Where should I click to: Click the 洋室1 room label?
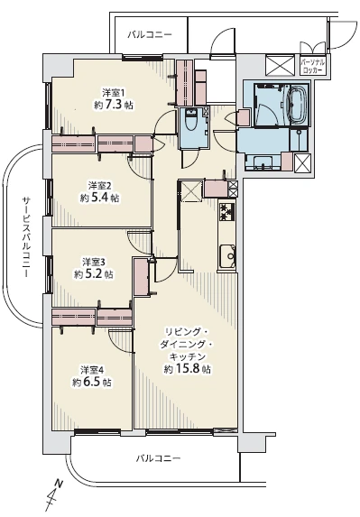pos(113,92)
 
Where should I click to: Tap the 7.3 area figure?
pos(115,105)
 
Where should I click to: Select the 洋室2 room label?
pos(98,185)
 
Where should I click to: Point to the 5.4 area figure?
pos(100,198)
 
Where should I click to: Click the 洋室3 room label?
pos(94,262)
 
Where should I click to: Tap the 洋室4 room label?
pos(92,370)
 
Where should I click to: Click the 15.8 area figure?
pos(188,369)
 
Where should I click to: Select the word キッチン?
pos(188,356)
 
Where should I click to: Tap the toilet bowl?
pos(190,120)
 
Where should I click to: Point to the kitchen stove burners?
pos(226,212)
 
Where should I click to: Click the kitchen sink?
pos(227,257)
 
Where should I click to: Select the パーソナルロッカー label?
pos(313,66)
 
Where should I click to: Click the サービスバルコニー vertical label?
pos(26,237)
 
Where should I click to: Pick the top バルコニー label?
pos(150,34)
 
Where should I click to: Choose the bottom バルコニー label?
pos(159,458)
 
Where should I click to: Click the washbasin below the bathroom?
pos(263,162)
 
